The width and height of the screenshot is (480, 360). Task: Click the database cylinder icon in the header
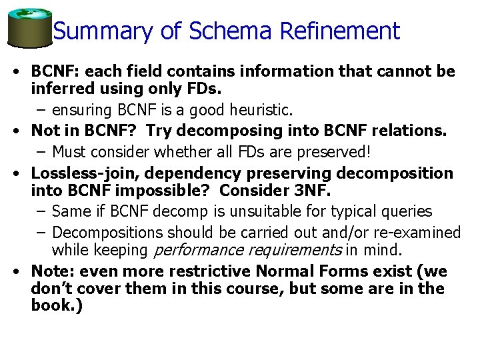pos(29,28)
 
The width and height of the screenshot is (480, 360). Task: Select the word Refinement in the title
pos(340,31)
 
